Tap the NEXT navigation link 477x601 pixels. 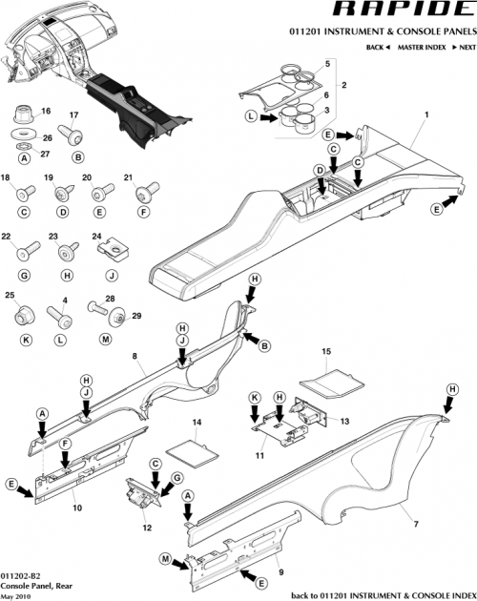[x=464, y=47]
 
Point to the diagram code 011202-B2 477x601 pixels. [x=21, y=576]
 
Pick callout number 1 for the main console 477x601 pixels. [x=426, y=115]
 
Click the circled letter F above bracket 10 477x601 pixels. [x=66, y=445]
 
